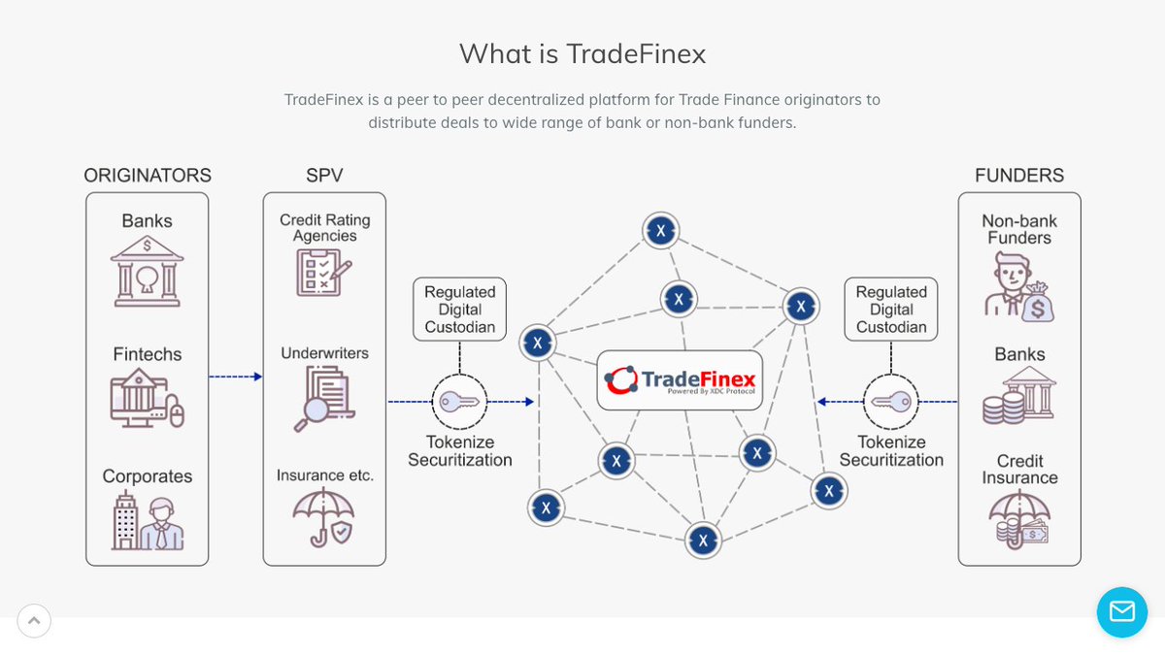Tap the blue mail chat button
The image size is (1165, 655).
click(x=1121, y=612)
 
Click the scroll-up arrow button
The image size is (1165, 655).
click(x=34, y=621)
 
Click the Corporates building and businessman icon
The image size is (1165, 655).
click(x=147, y=521)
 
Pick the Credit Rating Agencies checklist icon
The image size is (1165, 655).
click(x=324, y=271)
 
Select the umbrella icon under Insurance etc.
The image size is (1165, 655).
click(x=324, y=517)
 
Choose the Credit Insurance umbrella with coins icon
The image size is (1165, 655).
click(x=1018, y=520)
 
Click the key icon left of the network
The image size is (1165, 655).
click(x=459, y=401)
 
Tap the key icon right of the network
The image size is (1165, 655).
click(x=890, y=401)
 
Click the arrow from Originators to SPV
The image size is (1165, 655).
click(x=236, y=377)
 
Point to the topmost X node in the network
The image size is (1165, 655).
click(x=660, y=231)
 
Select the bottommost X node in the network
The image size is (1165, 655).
click(x=703, y=540)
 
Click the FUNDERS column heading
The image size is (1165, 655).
click(x=1018, y=176)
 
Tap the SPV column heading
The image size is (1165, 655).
click(x=324, y=176)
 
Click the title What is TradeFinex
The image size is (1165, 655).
click(x=582, y=53)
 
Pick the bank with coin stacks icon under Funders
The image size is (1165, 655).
click(x=1018, y=398)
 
